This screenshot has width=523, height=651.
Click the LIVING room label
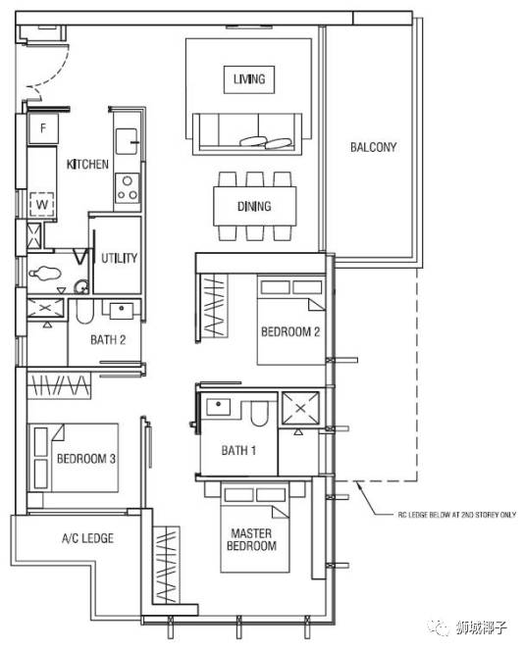249,78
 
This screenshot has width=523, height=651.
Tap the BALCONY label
373,147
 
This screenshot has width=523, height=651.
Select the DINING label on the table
254,206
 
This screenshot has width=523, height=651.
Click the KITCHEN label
87,165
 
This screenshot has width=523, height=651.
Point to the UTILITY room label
120,258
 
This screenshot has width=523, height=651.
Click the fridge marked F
43,128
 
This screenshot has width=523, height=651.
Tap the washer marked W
42,204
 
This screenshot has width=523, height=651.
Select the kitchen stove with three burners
128,188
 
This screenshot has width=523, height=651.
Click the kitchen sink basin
127,141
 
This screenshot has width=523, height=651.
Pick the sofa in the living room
247,133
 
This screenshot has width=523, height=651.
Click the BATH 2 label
108,340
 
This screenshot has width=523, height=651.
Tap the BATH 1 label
238,450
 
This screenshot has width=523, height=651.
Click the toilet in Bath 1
260,414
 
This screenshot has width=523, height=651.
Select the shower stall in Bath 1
301,409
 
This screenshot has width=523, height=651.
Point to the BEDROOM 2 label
290,331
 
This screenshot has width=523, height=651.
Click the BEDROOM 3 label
86,459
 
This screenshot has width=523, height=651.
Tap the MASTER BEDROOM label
252,539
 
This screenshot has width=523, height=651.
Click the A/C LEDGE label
87,538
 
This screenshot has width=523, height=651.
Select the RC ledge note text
457,515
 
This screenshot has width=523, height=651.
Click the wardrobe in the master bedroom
166,565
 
